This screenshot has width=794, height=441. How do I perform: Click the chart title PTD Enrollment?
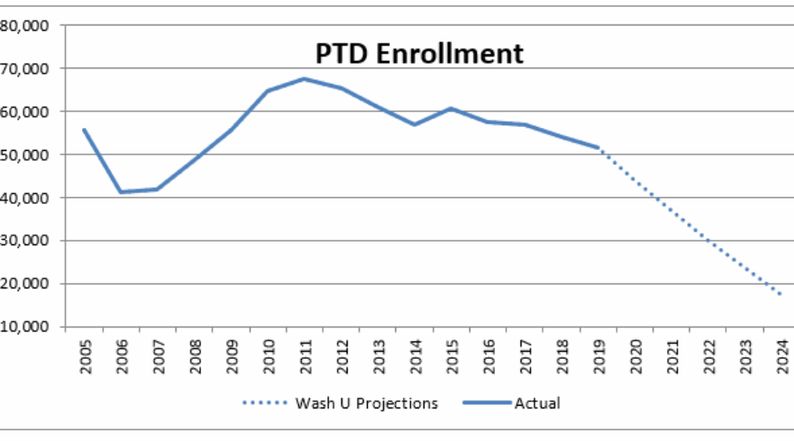coord(419,53)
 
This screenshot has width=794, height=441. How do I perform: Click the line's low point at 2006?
coord(121,191)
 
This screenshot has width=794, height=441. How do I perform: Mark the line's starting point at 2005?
coord(85,130)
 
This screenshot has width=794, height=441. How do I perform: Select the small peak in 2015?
coord(451,108)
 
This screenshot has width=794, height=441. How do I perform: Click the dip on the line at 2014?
coord(414,124)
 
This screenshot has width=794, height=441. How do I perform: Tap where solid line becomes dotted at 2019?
coord(597,147)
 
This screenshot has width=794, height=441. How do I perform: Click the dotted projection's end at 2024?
coord(780,295)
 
